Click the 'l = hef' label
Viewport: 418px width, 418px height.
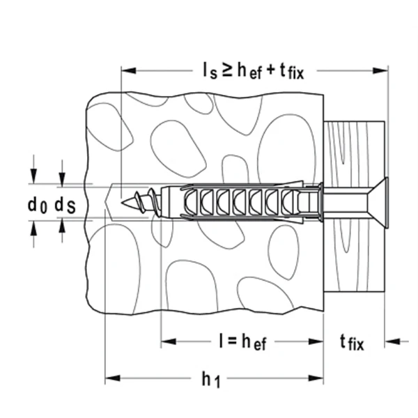241,341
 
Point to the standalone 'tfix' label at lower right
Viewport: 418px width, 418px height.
351,341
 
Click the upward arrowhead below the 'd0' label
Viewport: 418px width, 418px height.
33,228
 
